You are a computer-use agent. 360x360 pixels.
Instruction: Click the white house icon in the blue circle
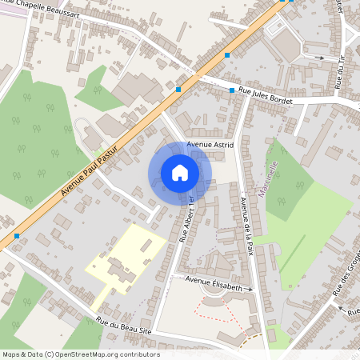pyautogui.click(x=180, y=172)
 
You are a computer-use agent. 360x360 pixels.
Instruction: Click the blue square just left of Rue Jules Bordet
pyautogui.click(x=232, y=90)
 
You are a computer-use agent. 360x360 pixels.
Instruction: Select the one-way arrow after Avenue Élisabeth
pyautogui.click(x=249, y=289)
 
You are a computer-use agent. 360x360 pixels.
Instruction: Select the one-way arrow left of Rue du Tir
pyautogui.click(x=319, y=58)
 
